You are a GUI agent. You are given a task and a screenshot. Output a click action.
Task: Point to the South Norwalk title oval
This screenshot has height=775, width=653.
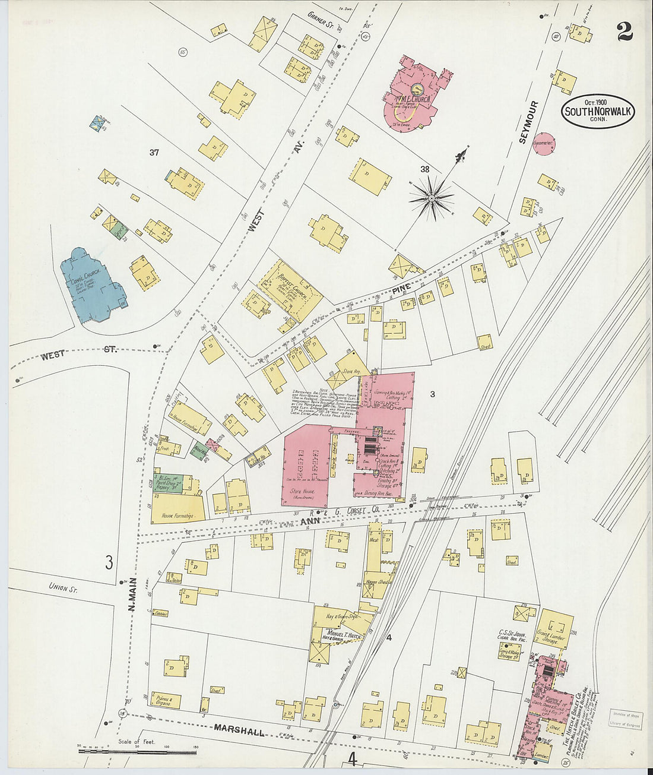pos(598,112)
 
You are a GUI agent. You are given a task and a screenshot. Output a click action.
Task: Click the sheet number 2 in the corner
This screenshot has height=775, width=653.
pos(624,31)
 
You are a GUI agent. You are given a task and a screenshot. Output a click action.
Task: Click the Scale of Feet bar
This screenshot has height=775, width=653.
pos(137,751)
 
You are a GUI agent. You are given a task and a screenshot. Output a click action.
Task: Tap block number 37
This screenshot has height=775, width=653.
pos(154,153)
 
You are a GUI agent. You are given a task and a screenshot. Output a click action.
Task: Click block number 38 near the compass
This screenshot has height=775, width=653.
pos(425,169)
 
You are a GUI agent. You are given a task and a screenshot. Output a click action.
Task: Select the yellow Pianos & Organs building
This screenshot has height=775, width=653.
pos(166,700)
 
